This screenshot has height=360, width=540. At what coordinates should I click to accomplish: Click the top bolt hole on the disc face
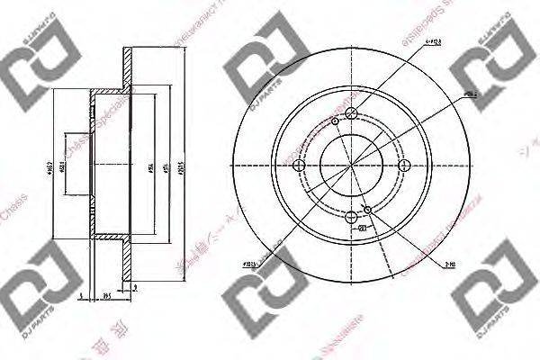pos(351,112)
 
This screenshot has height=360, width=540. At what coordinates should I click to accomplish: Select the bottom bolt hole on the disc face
pos(351,215)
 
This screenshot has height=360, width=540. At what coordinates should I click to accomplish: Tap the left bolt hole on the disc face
pos(300,164)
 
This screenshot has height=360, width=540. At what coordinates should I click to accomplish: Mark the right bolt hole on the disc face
pos(402,164)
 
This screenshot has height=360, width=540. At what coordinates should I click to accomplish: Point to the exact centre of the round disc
pos(351,164)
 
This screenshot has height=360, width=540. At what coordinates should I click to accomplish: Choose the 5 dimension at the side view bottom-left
pos(79,292)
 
